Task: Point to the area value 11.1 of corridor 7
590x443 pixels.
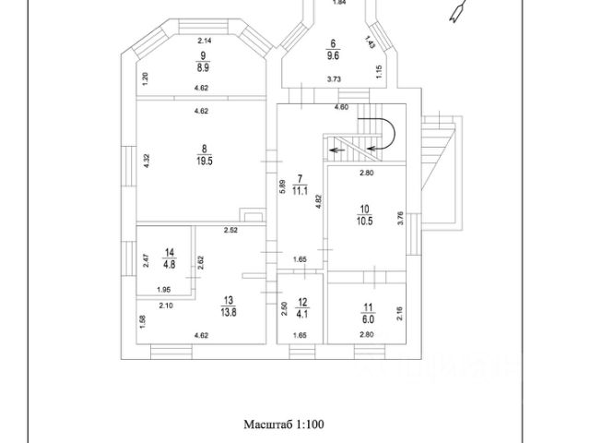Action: pos(300,192)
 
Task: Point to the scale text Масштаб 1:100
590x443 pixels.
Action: pos(285,425)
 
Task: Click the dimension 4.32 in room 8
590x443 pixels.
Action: pos(147,160)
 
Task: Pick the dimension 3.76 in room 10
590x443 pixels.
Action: pos(400,218)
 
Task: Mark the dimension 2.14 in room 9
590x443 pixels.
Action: pos(205,41)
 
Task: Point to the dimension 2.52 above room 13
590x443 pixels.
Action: pos(231,230)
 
